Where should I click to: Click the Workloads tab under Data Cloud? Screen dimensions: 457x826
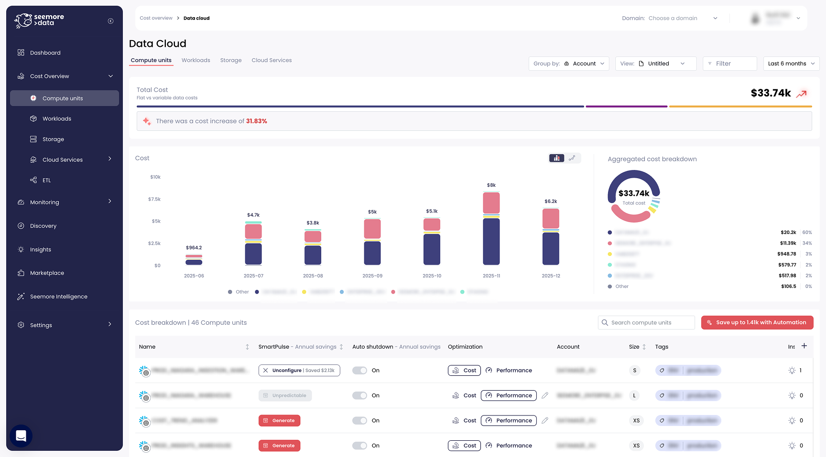pyautogui.click(x=196, y=60)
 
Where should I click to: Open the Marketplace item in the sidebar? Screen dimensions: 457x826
pyautogui.click(x=47, y=273)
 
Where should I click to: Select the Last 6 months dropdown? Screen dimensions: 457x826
pyautogui.click(x=791, y=64)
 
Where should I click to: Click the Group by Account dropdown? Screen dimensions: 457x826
pyautogui.click(x=568, y=64)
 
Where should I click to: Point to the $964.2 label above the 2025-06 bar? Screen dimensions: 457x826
pyautogui.click(x=194, y=248)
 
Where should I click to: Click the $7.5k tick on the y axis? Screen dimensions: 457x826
pyautogui.click(x=154, y=199)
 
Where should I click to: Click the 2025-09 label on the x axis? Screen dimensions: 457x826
pyautogui.click(x=372, y=276)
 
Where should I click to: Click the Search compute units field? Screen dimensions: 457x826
pyautogui.click(x=646, y=323)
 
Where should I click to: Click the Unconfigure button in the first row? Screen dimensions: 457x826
pyautogui.click(x=299, y=371)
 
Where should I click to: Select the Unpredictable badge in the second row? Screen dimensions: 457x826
pyautogui.click(x=285, y=395)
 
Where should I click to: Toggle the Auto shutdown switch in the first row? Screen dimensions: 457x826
pyautogui.click(x=359, y=371)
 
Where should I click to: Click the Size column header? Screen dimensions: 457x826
pyautogui.click(x=634, y=347)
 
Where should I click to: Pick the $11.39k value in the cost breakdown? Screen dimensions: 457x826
pyautogui.click(x=788, y=243)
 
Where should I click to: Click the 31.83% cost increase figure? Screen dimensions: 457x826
pyautogui.click(x=256, y=121)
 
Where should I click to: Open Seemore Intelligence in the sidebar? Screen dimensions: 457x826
pyautogui.click(x=58, y=297)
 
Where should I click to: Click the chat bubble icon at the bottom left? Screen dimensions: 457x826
pyautogui.click(x=21, y=436)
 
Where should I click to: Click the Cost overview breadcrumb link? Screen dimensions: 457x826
pyautogui.click(x=156, y=18)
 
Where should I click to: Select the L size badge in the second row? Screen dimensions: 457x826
pyautogui.click(x=634, y=395)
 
